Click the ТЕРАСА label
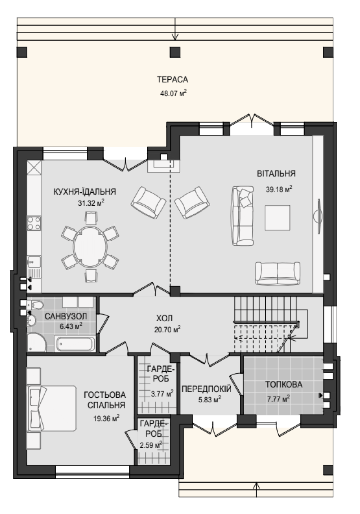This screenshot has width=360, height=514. point(172,79)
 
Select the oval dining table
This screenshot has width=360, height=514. point(90,247)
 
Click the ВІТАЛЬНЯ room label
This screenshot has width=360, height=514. point(276,173)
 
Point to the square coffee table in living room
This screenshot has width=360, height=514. point(277,218)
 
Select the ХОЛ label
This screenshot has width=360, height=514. point(164,318)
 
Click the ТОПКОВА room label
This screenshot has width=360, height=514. point(284,384)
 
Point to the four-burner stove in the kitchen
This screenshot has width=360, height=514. point(34,223)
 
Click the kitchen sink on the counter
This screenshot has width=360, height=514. point(34,262)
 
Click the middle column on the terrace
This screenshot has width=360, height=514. point(175,52)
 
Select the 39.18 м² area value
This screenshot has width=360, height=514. point(279,189)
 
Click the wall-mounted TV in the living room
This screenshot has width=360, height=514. point(318,216)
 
